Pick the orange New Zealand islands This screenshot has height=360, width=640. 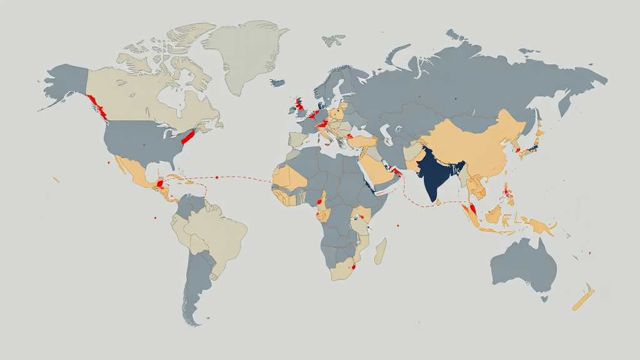click(x=584, y=299)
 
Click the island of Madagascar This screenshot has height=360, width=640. click(x=380, y=250)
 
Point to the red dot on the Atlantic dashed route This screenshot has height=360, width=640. click(x=216, y=177)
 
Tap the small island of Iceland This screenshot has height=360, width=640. click(x=277, y=82)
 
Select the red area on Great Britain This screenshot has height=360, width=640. click(x=300, y=103)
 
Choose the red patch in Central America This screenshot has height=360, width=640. click(x=161, y=184)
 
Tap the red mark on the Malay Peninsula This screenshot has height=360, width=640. click(x=473, y=209)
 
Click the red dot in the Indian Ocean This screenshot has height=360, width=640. click(x=397, y=226)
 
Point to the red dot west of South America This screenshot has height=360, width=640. click(x=154, y=218)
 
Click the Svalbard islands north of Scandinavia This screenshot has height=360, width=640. click(x=334, y=39)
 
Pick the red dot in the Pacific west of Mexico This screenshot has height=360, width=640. click(x=109, y=163)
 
